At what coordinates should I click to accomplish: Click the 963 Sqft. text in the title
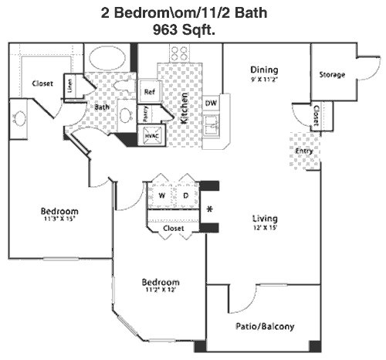(184, 29)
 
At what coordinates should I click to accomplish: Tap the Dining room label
(264, 70)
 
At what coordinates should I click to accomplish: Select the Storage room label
(332, 75)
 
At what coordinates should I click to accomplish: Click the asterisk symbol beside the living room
(210, 209)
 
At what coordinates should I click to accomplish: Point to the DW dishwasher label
(211, 103)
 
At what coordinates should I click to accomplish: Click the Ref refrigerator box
(150, 92)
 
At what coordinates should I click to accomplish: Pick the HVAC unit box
(151, 135)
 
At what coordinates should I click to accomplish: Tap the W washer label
(162, 195)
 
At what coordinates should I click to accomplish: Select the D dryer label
(186, 195)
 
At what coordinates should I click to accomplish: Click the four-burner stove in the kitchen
(179, 53)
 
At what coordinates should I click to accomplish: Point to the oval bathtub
(107, 58)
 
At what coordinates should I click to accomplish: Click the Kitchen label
(185, 108)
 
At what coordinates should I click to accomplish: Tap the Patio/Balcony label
(265, 327)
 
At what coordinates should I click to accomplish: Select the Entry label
(304, 151)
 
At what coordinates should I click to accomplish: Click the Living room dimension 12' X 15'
(265, 228)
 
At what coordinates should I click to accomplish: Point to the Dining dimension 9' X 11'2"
(264, 80)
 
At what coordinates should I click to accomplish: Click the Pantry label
(145, 114)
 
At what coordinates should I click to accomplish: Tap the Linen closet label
(70, 86)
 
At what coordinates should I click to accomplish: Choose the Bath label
(102, 107)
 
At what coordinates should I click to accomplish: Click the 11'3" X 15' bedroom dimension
(59, 219)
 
